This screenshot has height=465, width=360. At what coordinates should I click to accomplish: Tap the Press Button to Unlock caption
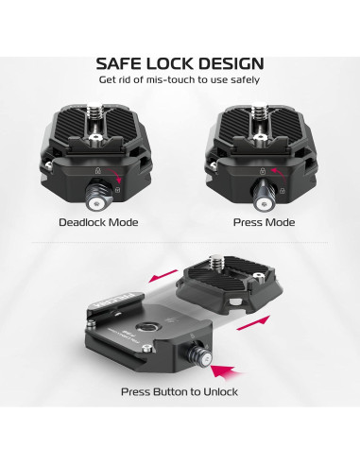tap(179, 392)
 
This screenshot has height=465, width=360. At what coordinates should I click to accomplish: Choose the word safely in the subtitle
tap(239, 81)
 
